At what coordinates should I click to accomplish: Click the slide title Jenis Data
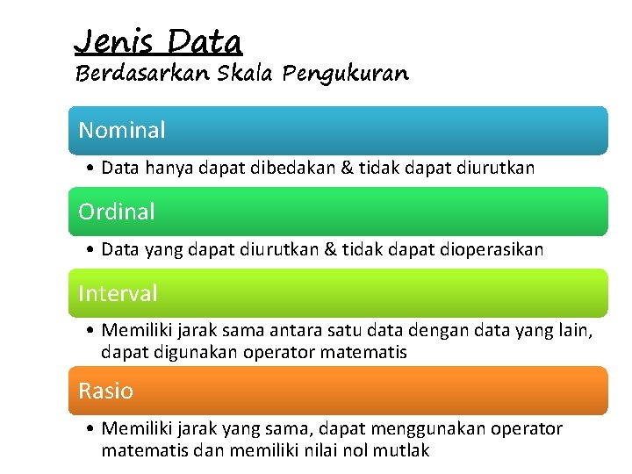(158, 40)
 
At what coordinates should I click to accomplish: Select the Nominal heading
(122, 130)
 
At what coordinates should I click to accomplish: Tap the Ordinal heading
(117, 212)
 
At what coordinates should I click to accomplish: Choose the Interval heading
(118, 293)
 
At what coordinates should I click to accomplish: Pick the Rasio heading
(106, 391)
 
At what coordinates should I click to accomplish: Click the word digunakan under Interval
(203, 352)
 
